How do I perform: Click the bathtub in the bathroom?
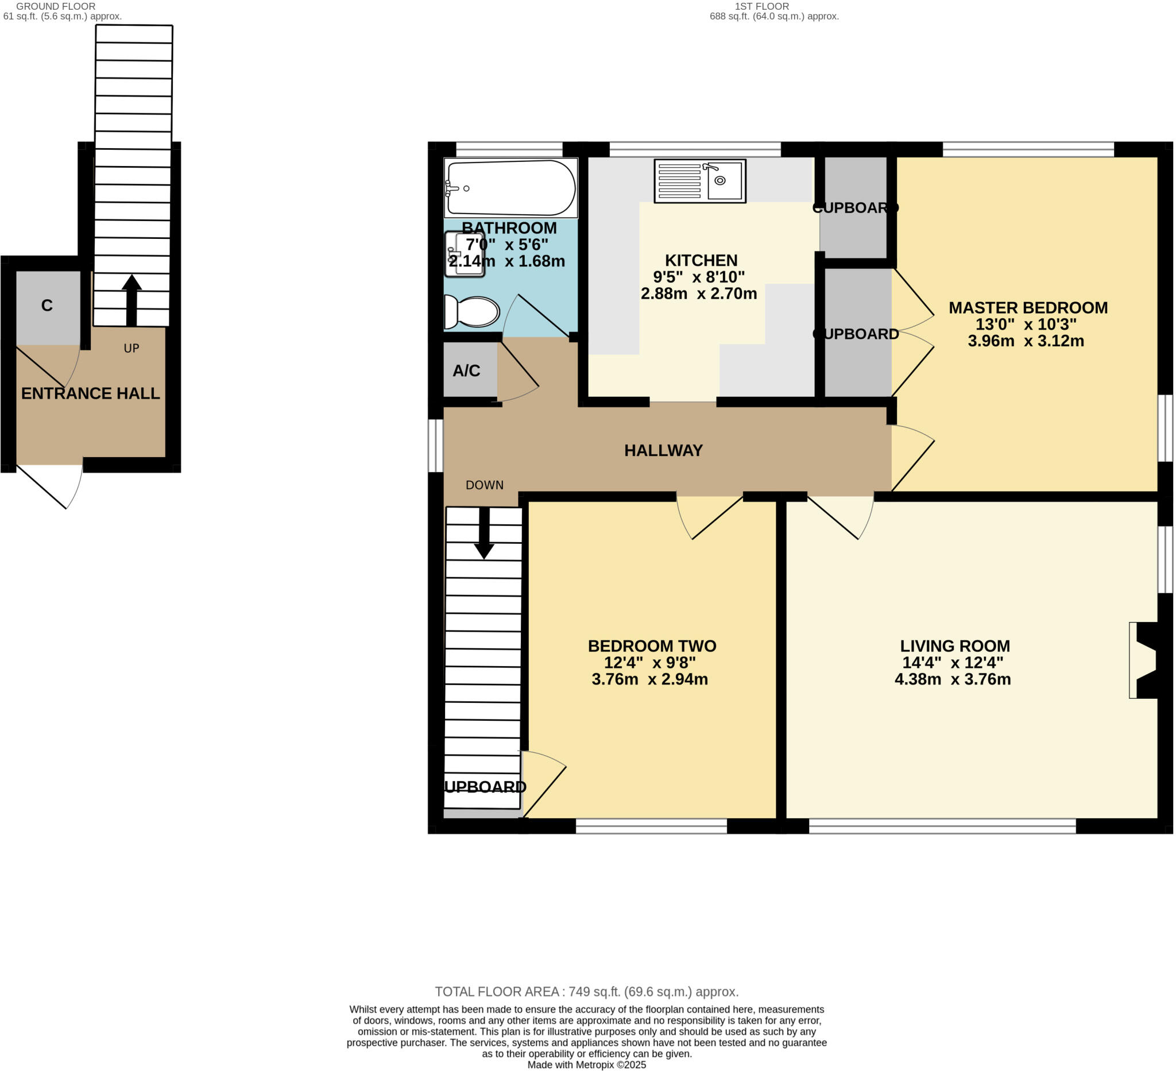(x=510, y=188)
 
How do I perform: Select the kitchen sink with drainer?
(x=700, y=181)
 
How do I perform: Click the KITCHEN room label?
(x=701, y=260)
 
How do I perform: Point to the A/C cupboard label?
(x=466, y=371)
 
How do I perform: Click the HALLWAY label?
(x=663, y=450)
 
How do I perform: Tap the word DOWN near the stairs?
(x=484, y=485)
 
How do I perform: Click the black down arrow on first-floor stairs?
(x=484, y=533)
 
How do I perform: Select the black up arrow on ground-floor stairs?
(x=132, y=299)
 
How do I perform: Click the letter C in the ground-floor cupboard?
(x=47, y=305)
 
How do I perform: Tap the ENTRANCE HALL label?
(x=90, y=393)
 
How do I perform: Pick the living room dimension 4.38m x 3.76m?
(x=953, y=679)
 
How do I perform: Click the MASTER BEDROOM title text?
(x=1028, y=307)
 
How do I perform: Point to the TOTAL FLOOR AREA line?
(x=587, y=991)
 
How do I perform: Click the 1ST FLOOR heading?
(x=762, y=6)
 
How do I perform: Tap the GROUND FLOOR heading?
(x=56, y=6)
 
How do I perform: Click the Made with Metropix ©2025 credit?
(x=587, y=1065)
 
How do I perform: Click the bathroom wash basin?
(x=465, y=254)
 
